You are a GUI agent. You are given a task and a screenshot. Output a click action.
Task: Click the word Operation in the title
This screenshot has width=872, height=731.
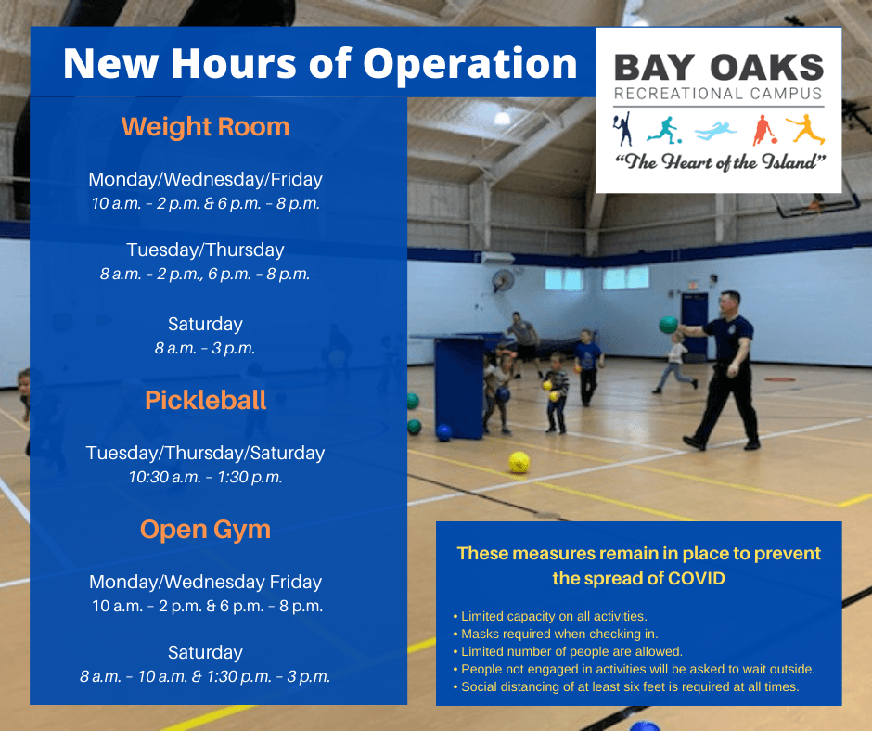470,63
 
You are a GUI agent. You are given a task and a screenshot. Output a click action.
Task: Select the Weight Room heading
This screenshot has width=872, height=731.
205,126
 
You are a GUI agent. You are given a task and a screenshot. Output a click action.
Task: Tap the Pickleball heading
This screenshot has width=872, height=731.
205,400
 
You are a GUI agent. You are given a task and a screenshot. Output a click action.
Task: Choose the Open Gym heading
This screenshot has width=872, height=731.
205,530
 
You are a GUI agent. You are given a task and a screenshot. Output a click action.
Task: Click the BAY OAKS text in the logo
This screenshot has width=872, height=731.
718,67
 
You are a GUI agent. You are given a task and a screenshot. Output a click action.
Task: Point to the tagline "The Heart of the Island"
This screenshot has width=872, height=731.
718,161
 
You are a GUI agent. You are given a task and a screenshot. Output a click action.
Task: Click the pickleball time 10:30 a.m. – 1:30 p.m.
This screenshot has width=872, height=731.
205,478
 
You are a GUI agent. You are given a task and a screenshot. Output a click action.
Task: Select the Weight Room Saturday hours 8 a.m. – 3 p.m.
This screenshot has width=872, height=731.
205,349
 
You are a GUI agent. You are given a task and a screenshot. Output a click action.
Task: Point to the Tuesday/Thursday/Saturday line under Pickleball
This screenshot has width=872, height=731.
205,453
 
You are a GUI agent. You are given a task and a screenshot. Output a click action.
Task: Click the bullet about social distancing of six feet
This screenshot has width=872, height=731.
629,687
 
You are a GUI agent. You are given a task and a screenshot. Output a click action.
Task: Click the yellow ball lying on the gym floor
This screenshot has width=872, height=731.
519,462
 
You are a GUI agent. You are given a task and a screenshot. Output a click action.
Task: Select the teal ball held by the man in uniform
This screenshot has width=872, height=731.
668,324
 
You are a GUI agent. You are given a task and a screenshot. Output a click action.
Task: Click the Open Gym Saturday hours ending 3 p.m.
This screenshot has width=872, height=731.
205,676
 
